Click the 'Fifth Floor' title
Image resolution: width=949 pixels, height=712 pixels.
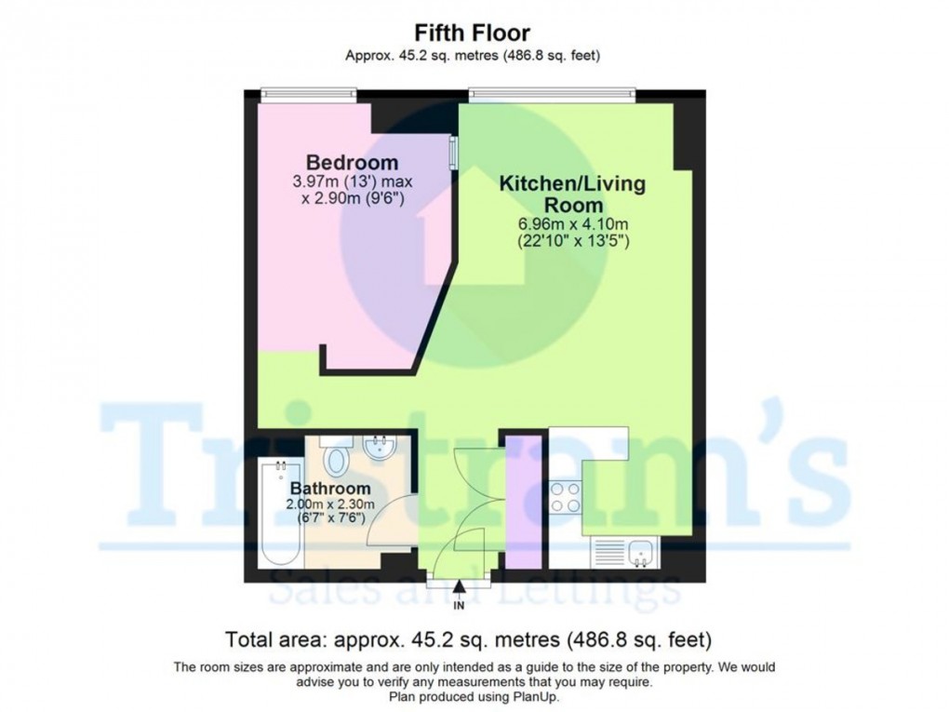coord(473,35)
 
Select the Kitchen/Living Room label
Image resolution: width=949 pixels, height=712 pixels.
coord(572,194)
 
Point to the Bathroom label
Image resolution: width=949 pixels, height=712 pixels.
coord(329,488)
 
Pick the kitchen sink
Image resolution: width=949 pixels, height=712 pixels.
coord(640,554)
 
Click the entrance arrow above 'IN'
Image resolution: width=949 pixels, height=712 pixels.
coord(459,586)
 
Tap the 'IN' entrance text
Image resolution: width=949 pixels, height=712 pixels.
coord(459,606)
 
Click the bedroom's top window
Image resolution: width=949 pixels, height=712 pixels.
coord(307,91)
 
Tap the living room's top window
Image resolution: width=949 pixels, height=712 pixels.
coord(552,91)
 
